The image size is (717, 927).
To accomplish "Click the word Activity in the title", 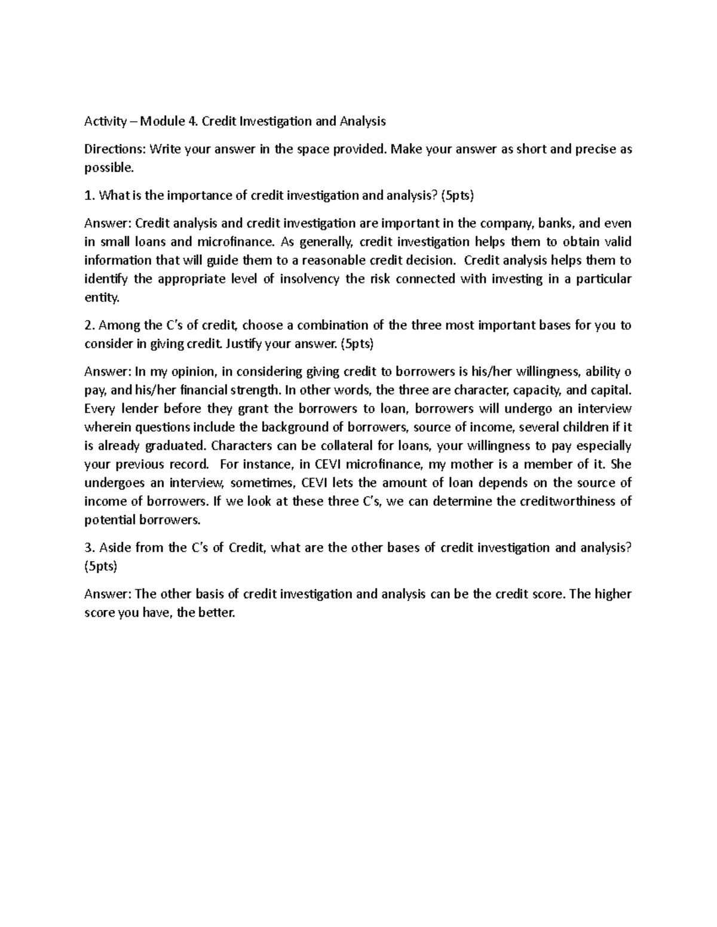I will [x=105, y=122].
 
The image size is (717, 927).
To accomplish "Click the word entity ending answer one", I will [x=97, y=297].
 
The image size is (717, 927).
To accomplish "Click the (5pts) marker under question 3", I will [x=101, y=566].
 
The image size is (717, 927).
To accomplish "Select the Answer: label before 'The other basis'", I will [x=108, y=594].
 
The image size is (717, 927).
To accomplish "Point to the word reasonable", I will [x=334, y=260].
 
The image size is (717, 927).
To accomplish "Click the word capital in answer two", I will [x=609, y=390].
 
